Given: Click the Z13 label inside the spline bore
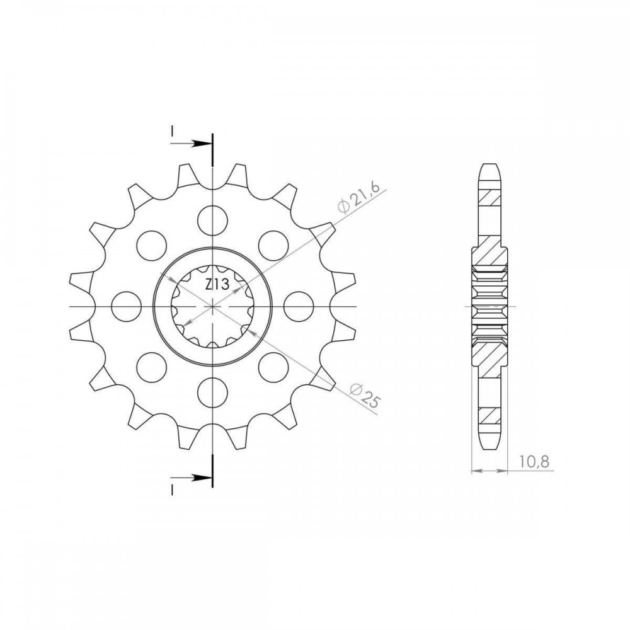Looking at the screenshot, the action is (x=217, y=285).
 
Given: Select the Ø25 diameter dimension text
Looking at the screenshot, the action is (x=365, y=395).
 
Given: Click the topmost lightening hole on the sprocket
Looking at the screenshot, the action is (x=213, y=220).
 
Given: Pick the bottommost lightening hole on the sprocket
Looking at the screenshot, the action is (x=213, y=392).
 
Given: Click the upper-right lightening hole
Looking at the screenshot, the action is (x=273, y=246).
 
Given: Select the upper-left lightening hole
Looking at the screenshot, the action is (x=151, y=246).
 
